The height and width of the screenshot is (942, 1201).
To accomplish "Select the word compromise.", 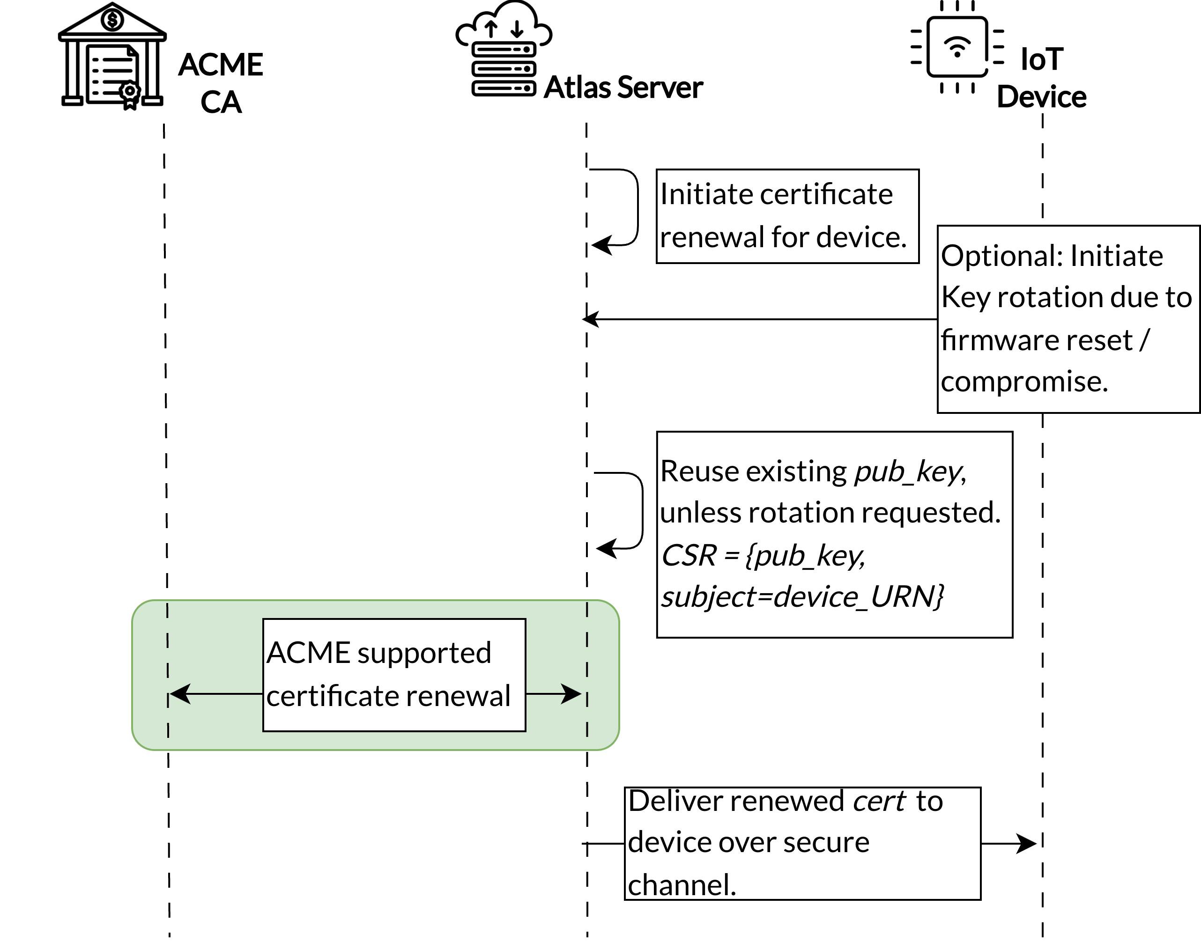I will point(1024,382).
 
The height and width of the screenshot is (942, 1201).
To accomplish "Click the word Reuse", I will point(698,472).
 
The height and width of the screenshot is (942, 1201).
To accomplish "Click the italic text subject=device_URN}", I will point(803,597).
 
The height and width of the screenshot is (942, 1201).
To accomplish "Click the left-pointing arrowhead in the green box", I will point(179,694).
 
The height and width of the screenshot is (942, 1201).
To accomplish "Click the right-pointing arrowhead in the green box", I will point(573,694).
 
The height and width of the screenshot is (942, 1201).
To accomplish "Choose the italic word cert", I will point(878,802).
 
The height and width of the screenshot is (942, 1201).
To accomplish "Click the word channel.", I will point(682,885).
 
